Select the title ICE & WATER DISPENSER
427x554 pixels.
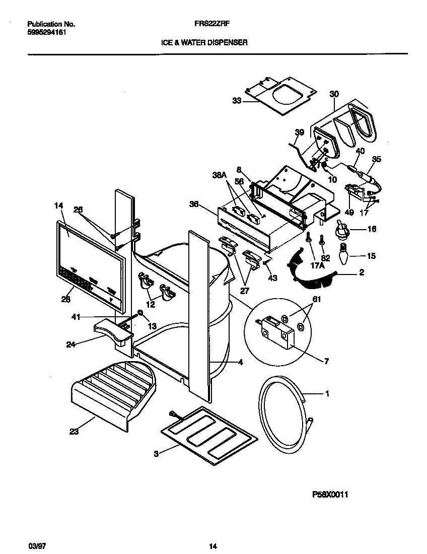[204, 43]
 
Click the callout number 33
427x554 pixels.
[237, 101]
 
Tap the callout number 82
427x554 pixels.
[325, 258]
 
